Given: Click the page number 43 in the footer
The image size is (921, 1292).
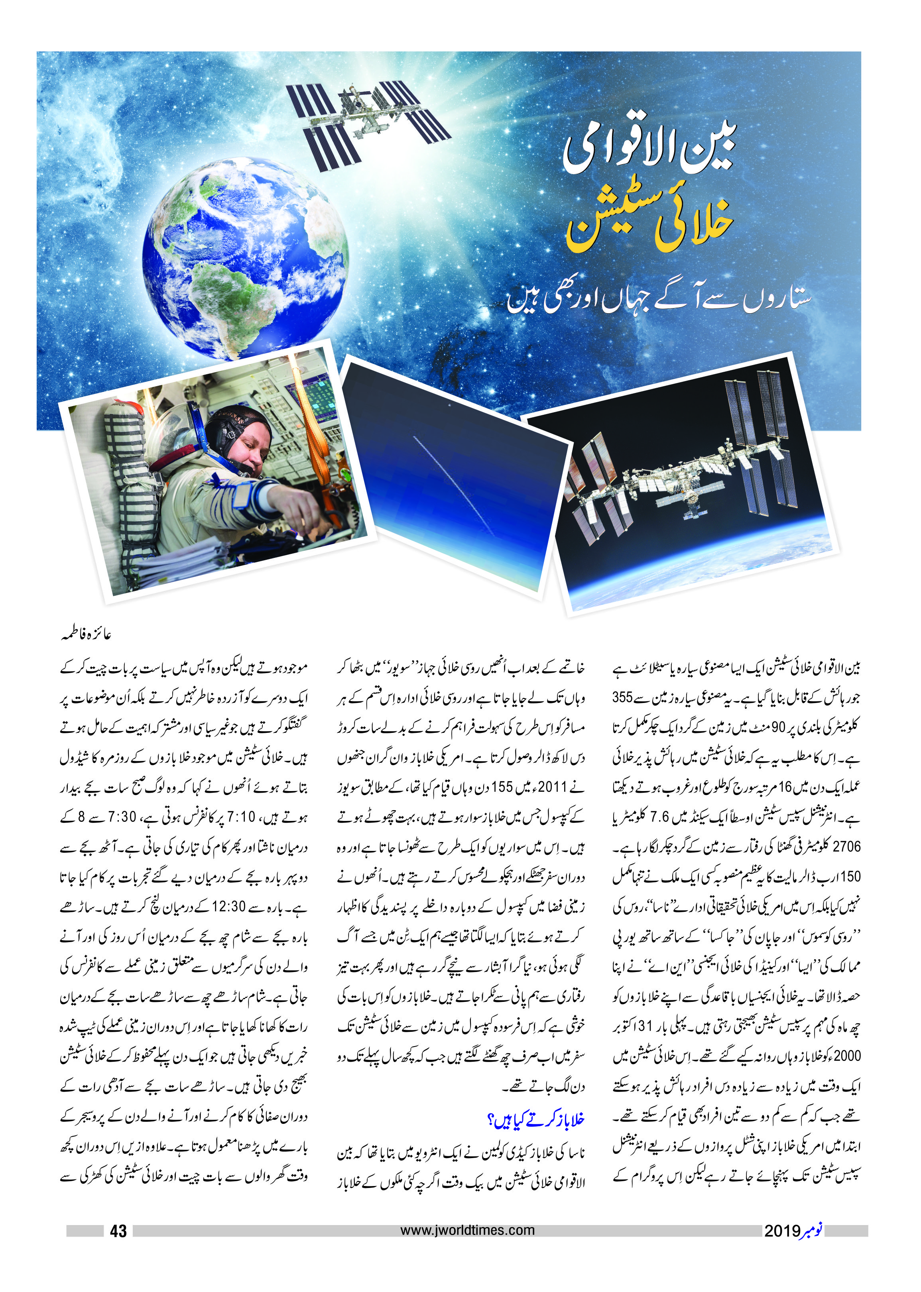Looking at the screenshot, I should (118, 1231).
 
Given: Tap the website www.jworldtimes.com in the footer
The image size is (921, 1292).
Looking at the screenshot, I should (467, 1230).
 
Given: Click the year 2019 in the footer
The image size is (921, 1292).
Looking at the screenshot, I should (781, 1231).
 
